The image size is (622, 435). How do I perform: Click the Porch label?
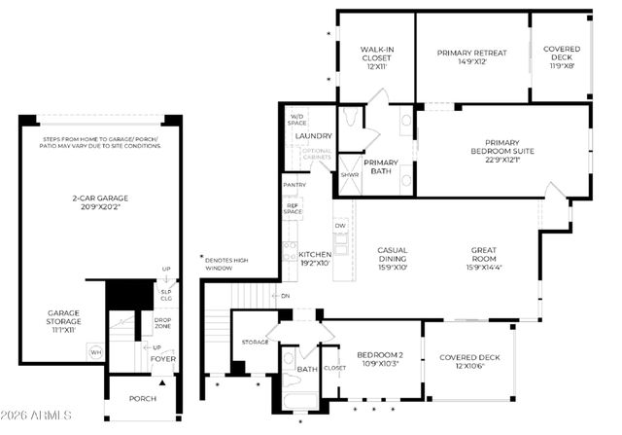click(x=142, y=397)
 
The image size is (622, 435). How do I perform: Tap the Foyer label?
click(x=161, y=360)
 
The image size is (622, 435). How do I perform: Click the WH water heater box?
click(x=95, y=352)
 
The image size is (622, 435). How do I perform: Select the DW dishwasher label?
click(x=340, y=226)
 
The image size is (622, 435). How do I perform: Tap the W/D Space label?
click(x=297, y=120)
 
